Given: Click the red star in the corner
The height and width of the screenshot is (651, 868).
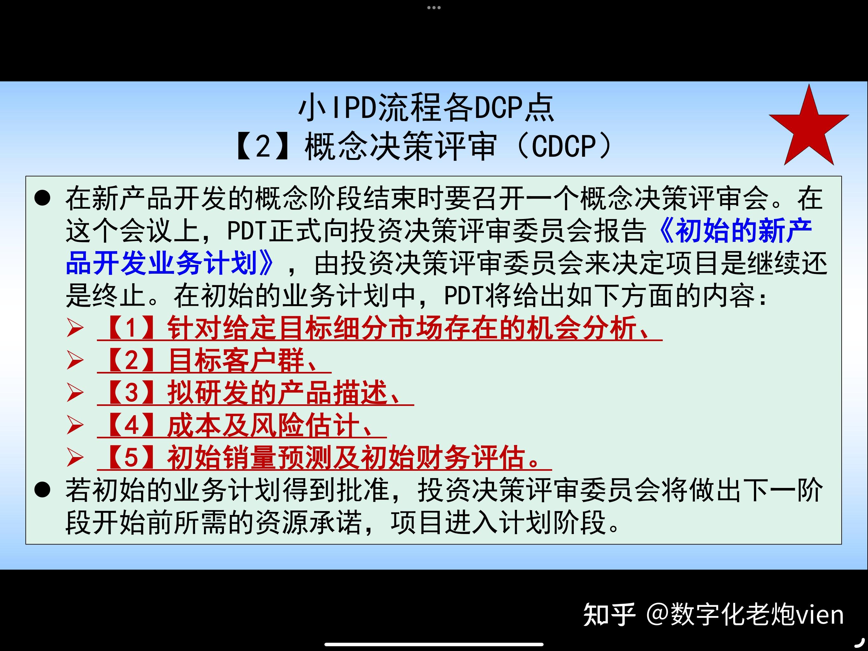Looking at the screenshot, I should click(809, 127).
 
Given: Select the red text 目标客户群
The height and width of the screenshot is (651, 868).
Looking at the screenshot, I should click(236, 360).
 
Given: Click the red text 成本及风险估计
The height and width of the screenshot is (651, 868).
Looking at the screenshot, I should click(263, 425).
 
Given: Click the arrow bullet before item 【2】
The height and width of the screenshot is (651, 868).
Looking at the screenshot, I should click(75, 360).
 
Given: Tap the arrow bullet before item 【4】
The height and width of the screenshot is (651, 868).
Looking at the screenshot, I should click(75, 425).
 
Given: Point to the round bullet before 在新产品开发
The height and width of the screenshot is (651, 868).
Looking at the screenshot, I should click(42, 198).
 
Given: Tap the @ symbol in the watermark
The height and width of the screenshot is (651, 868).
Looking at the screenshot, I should click(657, 614).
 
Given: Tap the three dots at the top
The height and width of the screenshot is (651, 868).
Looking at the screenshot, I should click(434, 7).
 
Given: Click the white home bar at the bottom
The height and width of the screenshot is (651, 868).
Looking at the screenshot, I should click(434, 644).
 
